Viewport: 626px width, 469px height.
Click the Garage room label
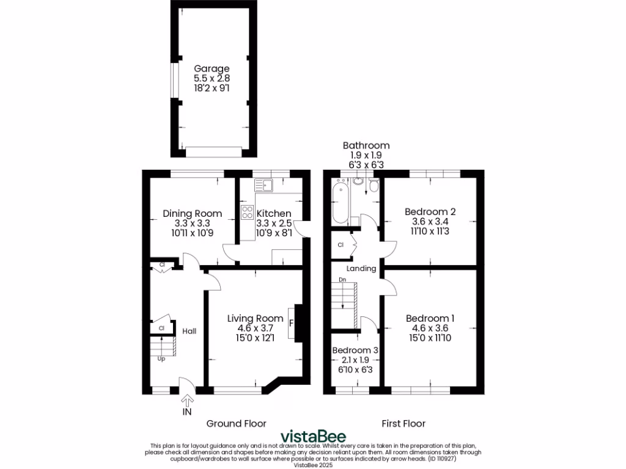click(x=212, y=69)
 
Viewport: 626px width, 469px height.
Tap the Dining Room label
click(x=192, y=214)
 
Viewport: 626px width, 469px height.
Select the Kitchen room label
click(x=274, y=214)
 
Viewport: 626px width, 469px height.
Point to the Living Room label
click(x=255, y=318)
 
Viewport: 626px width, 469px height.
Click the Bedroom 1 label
click(x=430, y=318)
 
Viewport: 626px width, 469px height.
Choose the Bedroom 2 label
click(x=430, y=212)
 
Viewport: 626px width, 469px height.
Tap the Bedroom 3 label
click(x=355, y=351)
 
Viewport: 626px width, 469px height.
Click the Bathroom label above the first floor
click(x=366, y=145)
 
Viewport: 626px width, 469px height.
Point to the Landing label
click(x=361, y=269)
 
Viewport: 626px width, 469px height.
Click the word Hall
click(x=190, y=331)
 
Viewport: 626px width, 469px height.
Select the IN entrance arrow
click(x=188, y=401)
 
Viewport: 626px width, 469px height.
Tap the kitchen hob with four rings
click(x=248, y=213)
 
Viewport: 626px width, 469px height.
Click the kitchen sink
click(x=267, y=183)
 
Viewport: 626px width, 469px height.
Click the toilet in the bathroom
click(x=358, y=181)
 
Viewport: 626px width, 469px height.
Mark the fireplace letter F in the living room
click(x=292, y=322)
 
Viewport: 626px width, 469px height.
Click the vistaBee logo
click(x=313, y=437)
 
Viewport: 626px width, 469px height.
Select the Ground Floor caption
click(x=236, y=423)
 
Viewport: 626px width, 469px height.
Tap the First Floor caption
click(x=403, y=423)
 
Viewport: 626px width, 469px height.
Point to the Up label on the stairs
click(x=161, y=359)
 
